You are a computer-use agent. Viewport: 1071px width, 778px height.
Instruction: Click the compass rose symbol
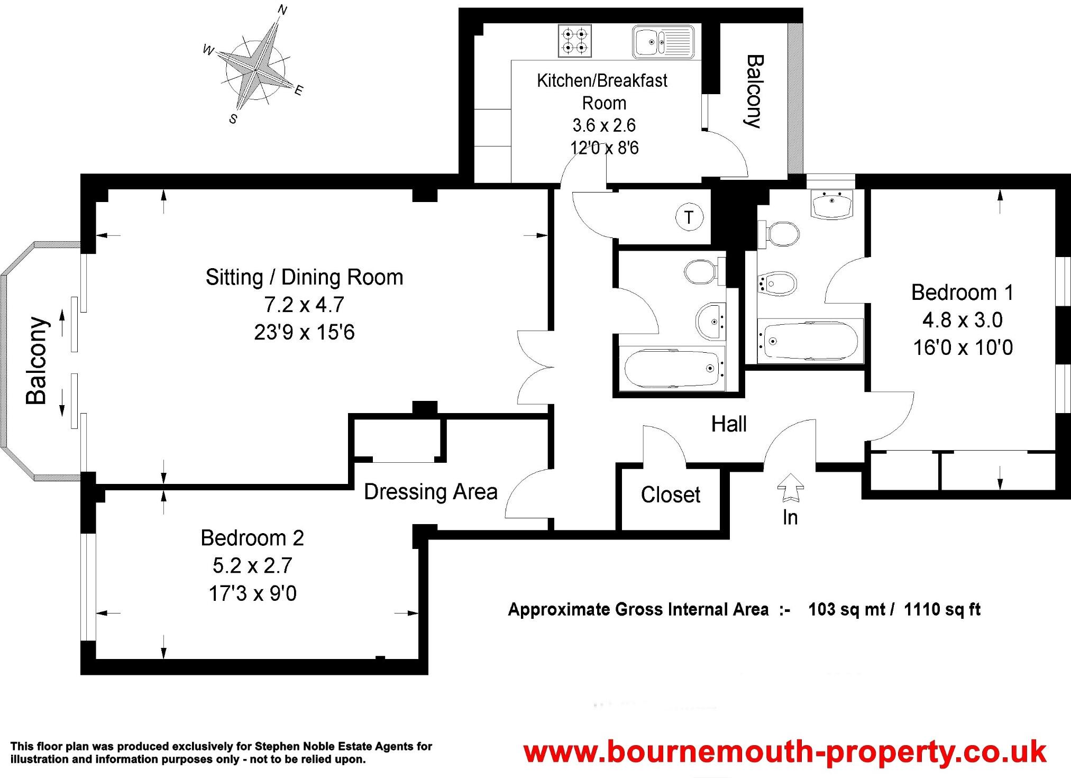tap(255, 69)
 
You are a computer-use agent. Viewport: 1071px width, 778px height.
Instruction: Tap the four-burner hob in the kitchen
tap(574, 41)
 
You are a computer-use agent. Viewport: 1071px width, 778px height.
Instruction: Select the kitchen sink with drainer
tap(663, 41)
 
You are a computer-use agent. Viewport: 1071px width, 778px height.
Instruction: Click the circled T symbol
tap(689, 217)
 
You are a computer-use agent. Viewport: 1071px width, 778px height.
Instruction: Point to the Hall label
tap(728, 424)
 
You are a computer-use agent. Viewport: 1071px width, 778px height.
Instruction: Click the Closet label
tap(670, 495)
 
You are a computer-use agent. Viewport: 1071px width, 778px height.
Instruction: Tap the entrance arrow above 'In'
tap(790, 487)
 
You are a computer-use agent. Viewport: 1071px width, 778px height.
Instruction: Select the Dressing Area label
tap(431, 492)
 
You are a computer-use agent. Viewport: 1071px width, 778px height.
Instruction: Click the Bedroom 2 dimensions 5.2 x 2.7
tap(252, 566)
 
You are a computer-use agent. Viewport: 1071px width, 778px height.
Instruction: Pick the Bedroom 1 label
tap(962, 292)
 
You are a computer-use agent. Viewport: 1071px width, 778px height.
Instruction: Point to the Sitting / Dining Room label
tap(304, 277)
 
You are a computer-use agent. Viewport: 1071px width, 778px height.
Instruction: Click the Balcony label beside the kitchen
tap(753, 91)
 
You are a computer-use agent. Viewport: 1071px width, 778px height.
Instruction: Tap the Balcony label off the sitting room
tap(37, 361)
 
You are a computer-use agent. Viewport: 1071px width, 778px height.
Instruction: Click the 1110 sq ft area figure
tap(942, 609)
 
